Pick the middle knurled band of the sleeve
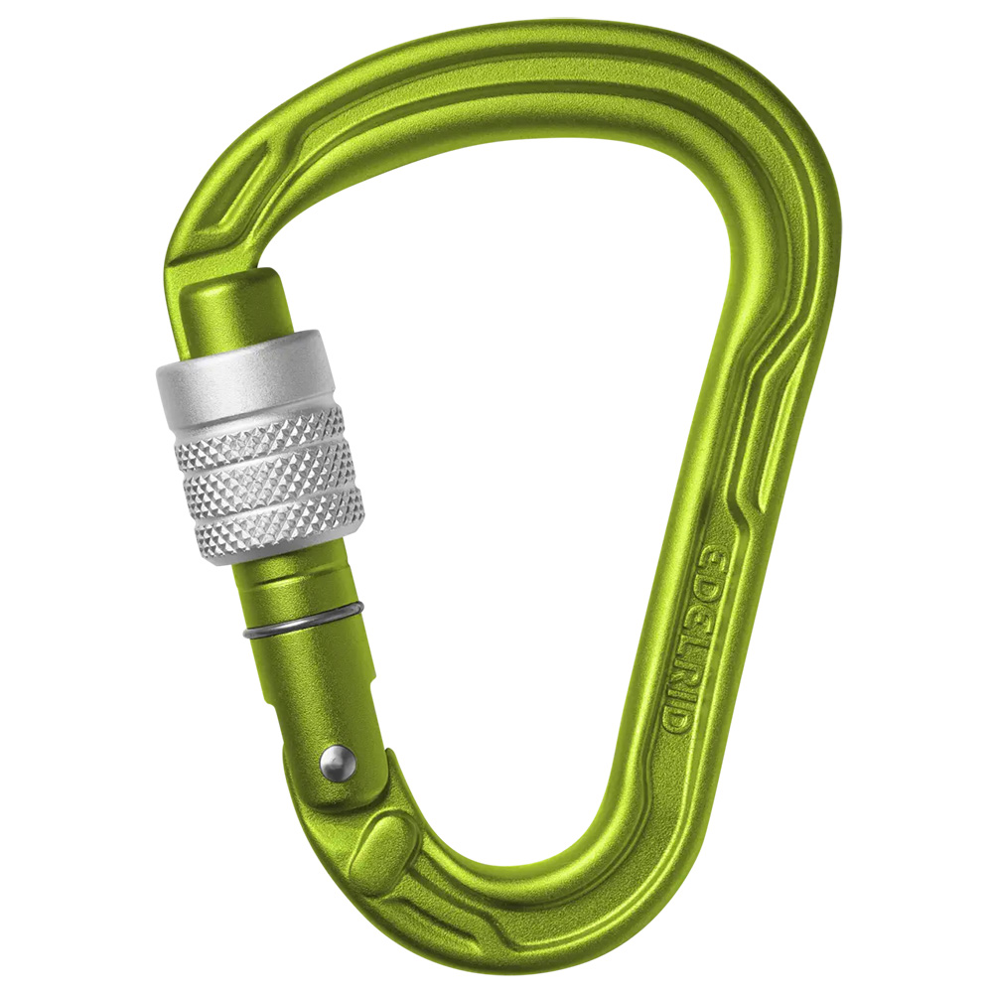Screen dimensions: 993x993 tap(268, 482)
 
